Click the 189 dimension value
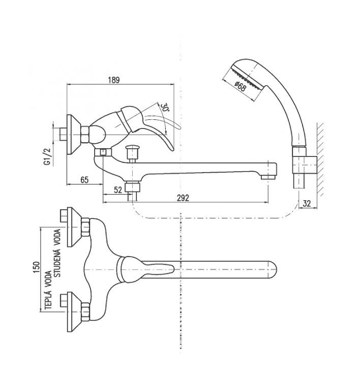click(114, 80)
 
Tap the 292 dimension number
click(183, 198)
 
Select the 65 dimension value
click(84, 180)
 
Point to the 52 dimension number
click(118, 190)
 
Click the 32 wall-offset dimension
click(307, 203)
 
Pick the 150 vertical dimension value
click(36, 267)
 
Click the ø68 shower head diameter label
click(241, 86)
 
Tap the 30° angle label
click(165, 107)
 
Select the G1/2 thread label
click(47, 157)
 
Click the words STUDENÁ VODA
click(57, 253)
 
